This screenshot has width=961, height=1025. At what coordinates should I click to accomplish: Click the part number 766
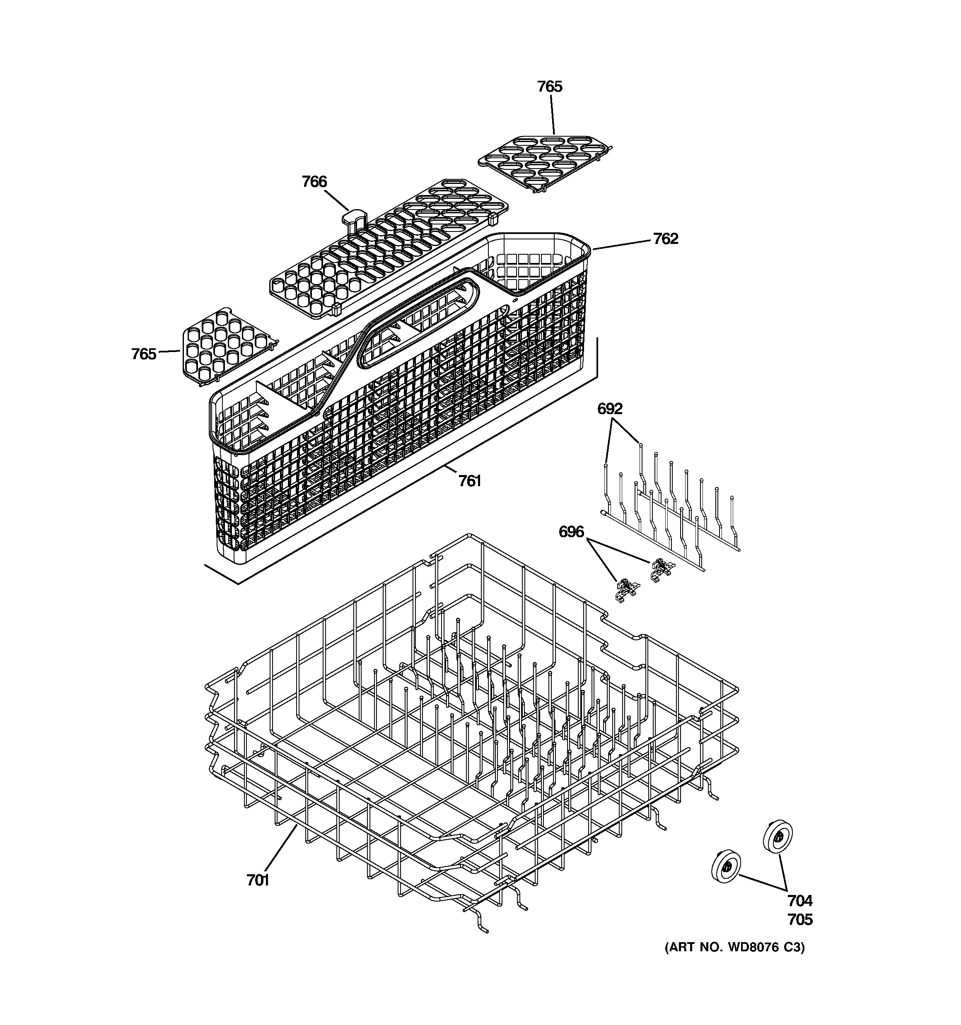pos(314,181)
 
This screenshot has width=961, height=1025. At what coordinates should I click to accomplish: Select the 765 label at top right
pos(549,87)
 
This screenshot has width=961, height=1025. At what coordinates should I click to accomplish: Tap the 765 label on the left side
pos(143,354)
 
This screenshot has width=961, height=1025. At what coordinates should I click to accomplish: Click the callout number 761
pos(470,481)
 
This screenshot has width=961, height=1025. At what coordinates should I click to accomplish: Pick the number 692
pos(610,409)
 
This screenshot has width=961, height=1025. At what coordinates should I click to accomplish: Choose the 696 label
pos(571,532)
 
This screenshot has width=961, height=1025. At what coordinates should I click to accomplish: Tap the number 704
pos(799,901)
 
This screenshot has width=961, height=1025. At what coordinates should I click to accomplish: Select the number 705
pos(799,919)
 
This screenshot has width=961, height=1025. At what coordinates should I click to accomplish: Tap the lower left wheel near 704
pos(726,868)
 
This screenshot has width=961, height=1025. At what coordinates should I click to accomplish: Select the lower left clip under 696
pos(626,590)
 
